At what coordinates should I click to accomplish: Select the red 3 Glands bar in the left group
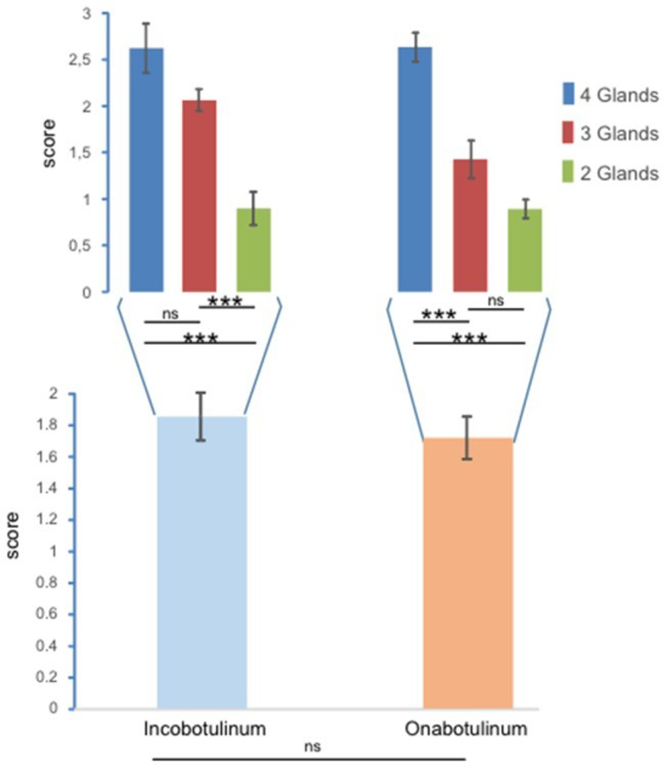[199, 196]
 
